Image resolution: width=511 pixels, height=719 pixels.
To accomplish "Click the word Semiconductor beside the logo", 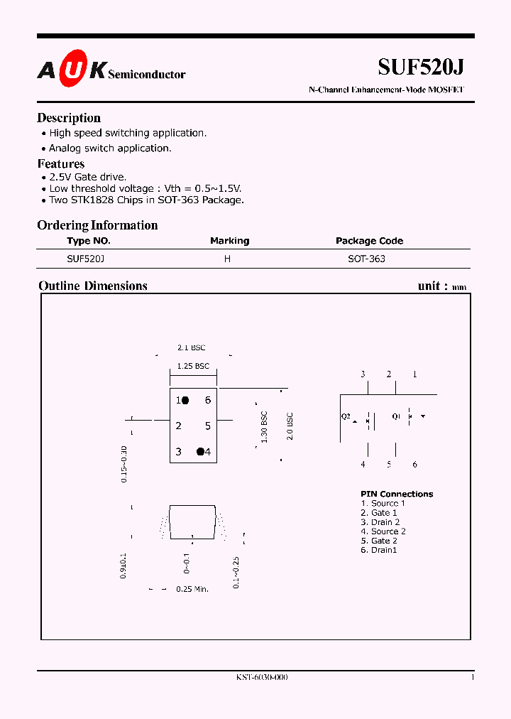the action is click(x=147, y=74).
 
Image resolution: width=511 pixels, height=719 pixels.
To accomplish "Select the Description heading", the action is click(x=69, y=118).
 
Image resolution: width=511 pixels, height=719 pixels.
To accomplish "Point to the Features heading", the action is click(x=60, y=164).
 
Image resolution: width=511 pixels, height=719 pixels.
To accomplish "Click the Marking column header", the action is click(x=229, y=241).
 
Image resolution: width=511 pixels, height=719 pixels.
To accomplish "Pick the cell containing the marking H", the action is click(x=227, y=259).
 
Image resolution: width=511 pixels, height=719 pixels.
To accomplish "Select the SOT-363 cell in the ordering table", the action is click(x=366, y=259).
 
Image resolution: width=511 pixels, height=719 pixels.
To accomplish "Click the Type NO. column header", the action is click(x=89, y=241).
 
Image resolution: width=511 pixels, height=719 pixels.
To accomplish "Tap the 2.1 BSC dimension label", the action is click(x=191, y=347).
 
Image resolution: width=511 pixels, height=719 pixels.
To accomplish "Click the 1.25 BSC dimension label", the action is click(x=193, y=366).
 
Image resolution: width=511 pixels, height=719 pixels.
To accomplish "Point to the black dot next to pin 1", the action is click(x=185, y=401).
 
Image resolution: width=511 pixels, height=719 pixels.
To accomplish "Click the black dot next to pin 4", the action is click(x=200, y=451).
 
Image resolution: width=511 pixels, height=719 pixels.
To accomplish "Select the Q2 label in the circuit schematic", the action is click(x=346, y=416).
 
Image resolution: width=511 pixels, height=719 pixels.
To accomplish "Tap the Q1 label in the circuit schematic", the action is click(x=396, y=416).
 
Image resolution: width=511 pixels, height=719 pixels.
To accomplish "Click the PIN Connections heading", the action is click(x=396, y=494).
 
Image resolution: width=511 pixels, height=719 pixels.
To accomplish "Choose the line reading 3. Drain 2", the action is click(x=380, y=522).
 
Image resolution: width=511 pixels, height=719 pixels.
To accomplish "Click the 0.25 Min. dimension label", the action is click(x=192, y=589).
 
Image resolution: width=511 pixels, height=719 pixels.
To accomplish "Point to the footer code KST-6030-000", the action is click(x=262, y=678).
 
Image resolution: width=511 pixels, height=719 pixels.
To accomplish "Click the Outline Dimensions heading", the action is click(x=92, y=286).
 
